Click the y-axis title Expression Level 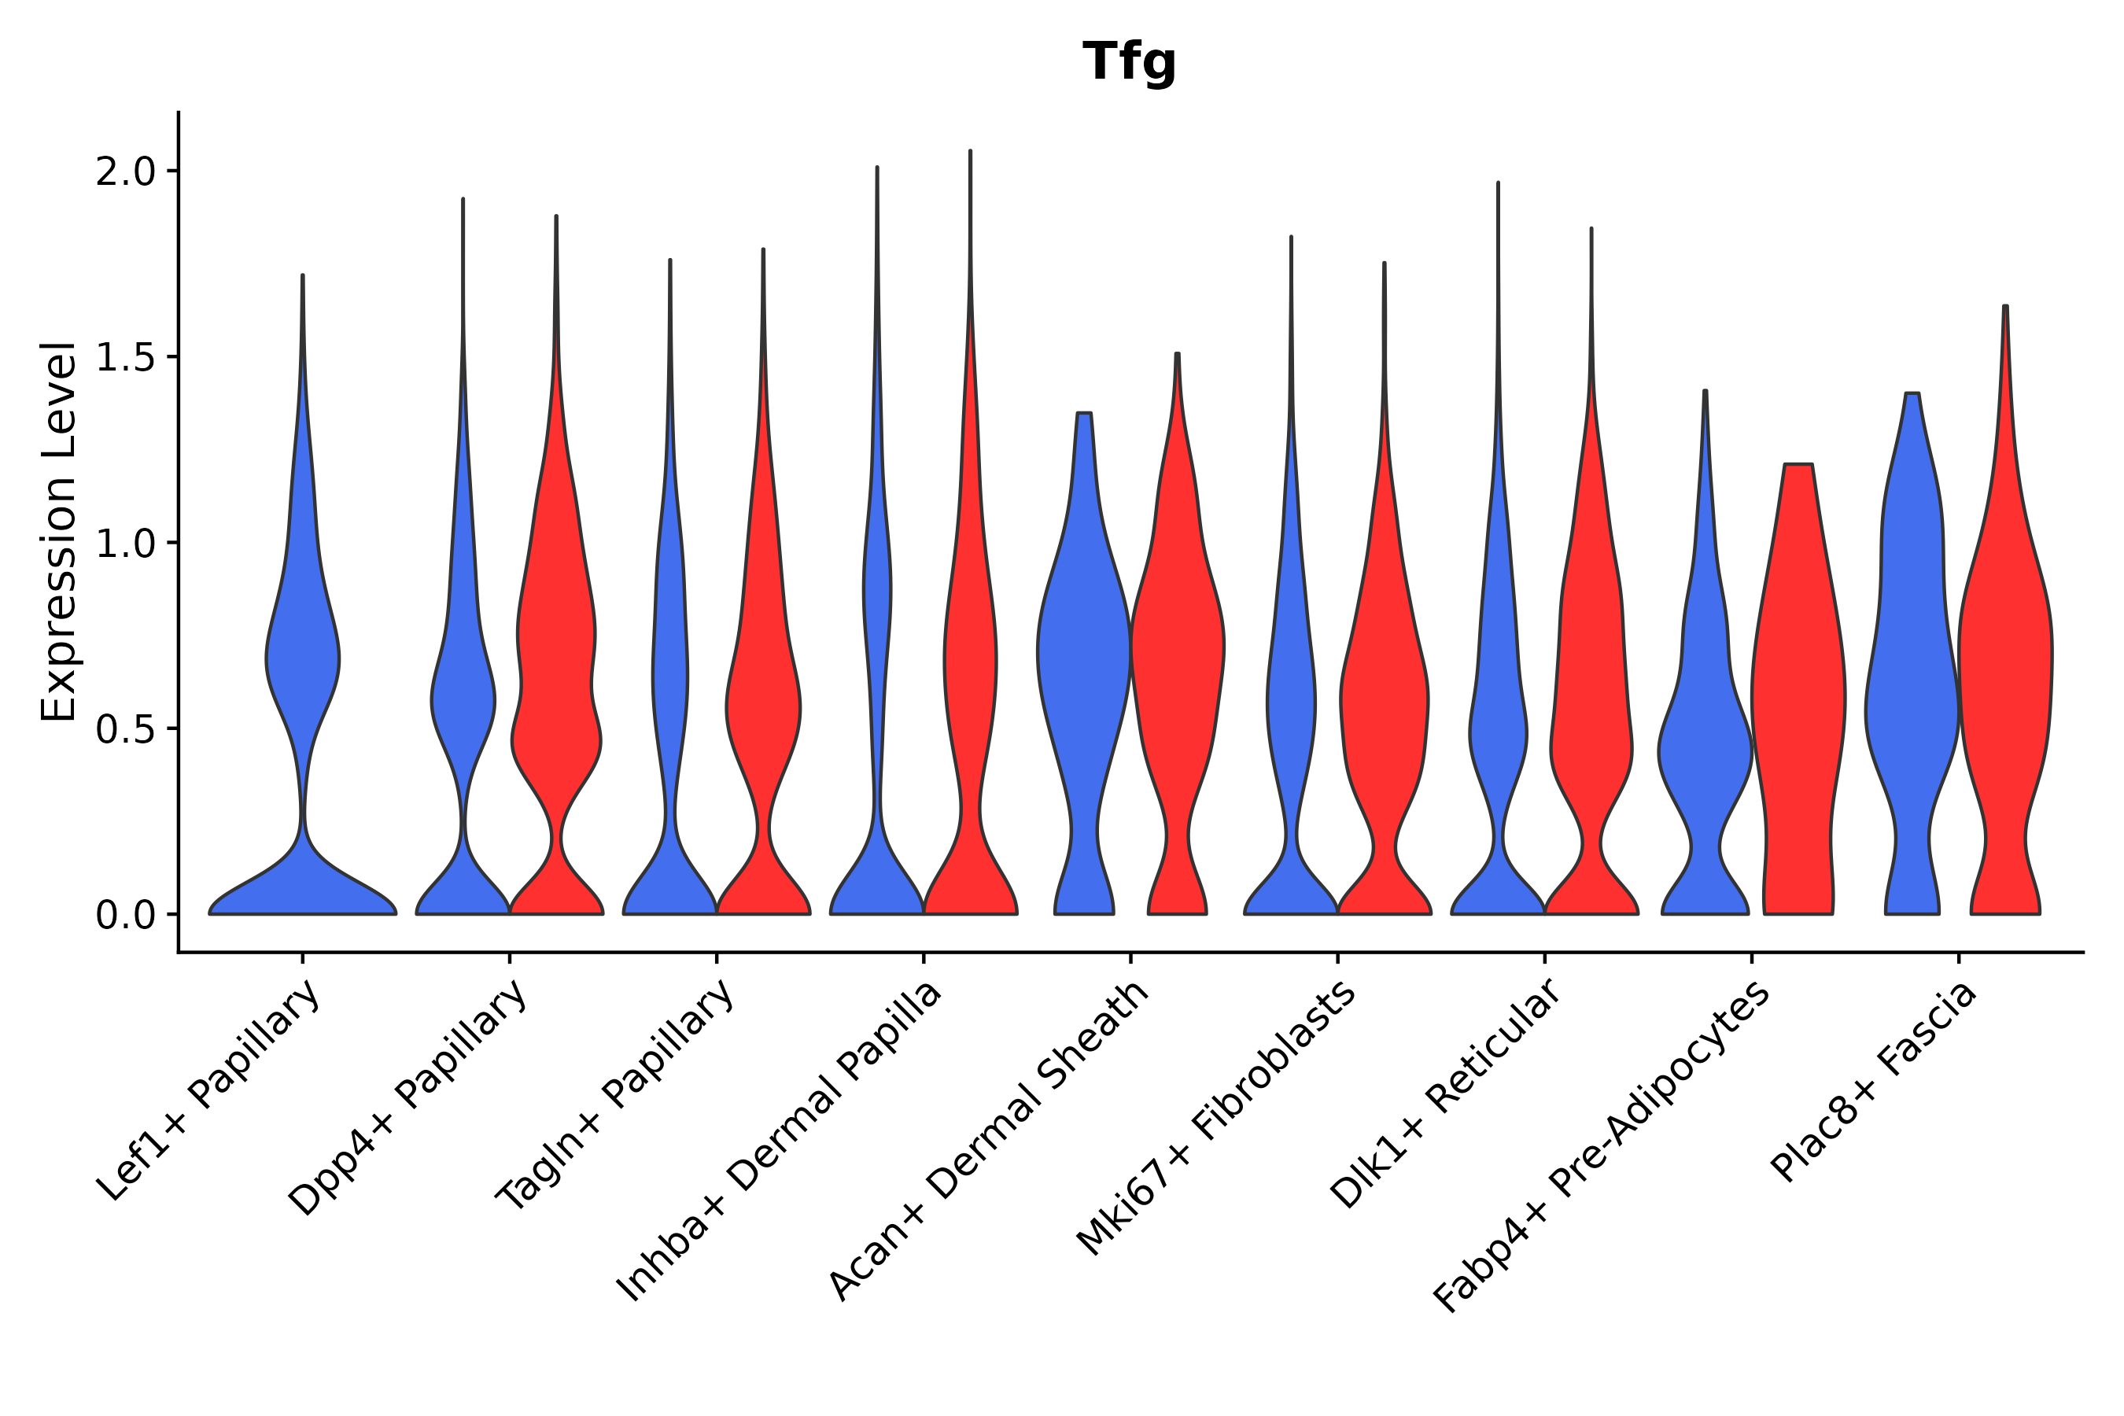(x=57, y=531)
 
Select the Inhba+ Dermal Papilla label (x=780, y=1141)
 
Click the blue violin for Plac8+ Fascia (x=1912, y=686)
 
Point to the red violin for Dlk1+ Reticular (x=1591, y=722)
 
